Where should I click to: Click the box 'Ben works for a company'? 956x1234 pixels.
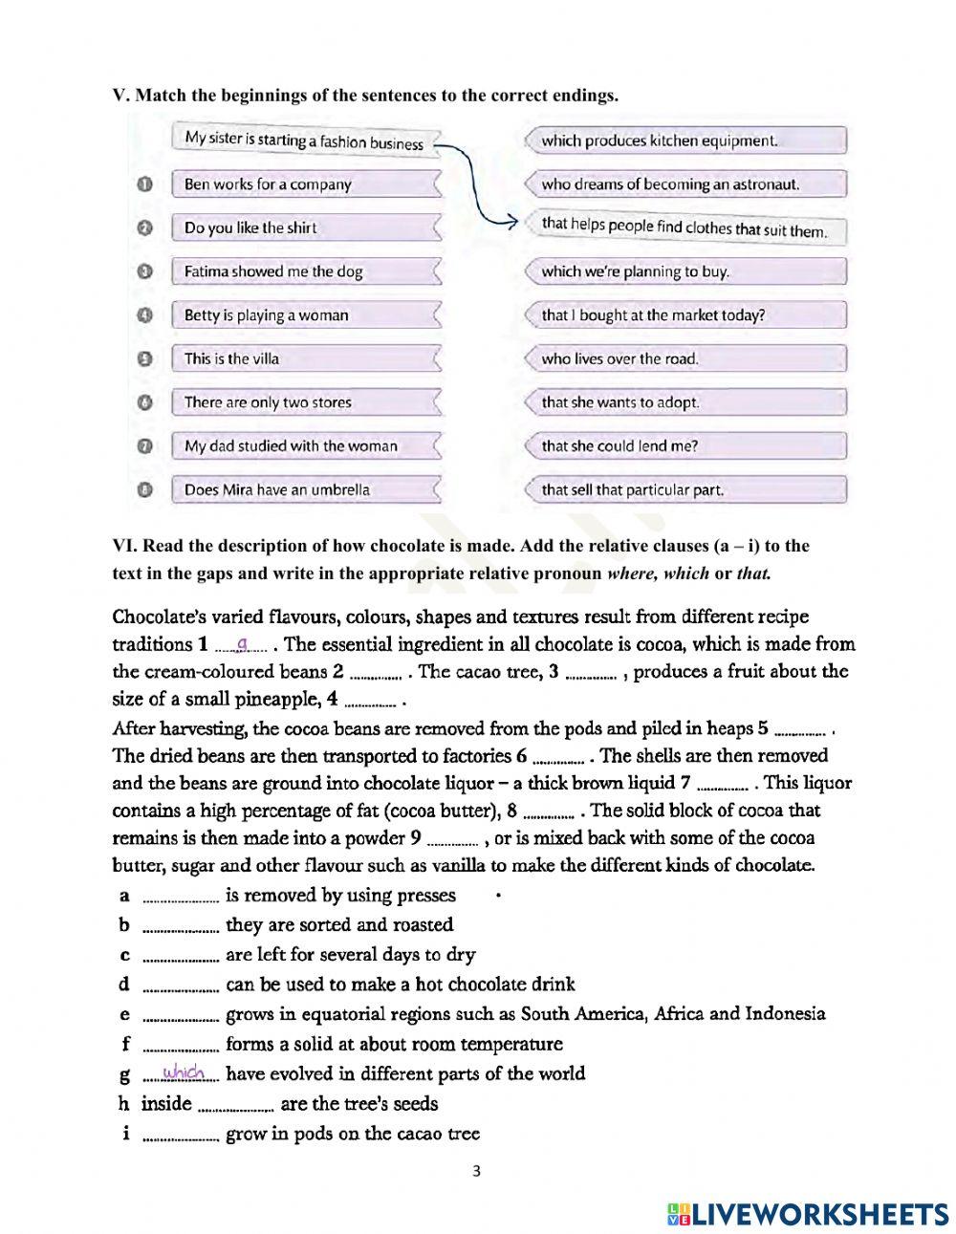(306, 184)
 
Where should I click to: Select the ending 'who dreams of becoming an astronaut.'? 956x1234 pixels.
(684, 184)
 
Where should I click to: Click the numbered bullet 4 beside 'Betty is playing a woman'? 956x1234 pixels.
(144, 314)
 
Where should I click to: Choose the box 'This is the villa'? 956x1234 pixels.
(306, 358)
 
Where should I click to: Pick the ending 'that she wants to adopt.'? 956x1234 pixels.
(684, 402)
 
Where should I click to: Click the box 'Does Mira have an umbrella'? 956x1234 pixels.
(306, 489)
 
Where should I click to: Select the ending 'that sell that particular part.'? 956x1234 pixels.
(684, 489)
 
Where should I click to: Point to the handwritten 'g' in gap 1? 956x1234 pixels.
(242, 643)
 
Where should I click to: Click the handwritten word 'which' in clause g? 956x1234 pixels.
(185, 1072)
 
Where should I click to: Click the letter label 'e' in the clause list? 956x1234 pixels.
(124, 1014)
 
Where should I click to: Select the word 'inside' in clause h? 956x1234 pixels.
(166, 1104)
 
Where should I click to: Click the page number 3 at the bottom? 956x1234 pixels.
(477, 1172)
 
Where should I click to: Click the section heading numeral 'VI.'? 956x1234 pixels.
(123, 546)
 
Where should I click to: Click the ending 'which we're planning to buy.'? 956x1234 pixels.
(684, 271)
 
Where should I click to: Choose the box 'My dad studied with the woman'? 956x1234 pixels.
(306, 445)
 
